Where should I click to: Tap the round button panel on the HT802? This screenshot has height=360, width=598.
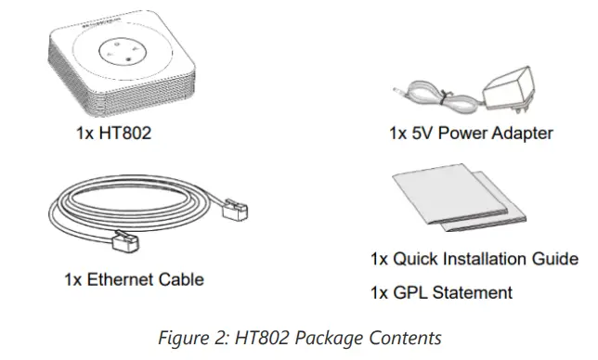tap(120, 51)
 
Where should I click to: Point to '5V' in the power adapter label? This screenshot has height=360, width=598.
tap(426, 134)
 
